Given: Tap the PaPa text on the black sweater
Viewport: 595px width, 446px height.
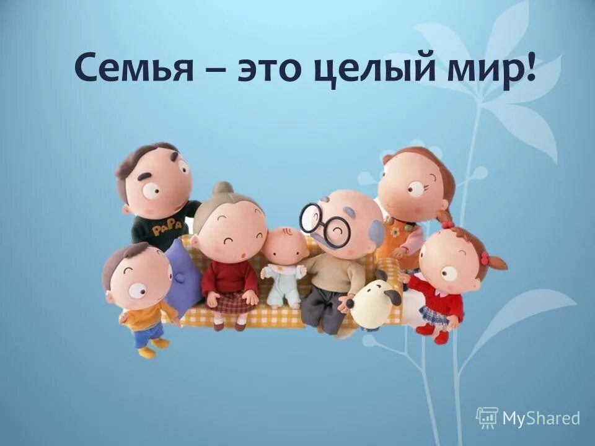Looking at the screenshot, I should [167, 227].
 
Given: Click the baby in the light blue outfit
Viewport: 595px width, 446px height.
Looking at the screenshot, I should [283, 273].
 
